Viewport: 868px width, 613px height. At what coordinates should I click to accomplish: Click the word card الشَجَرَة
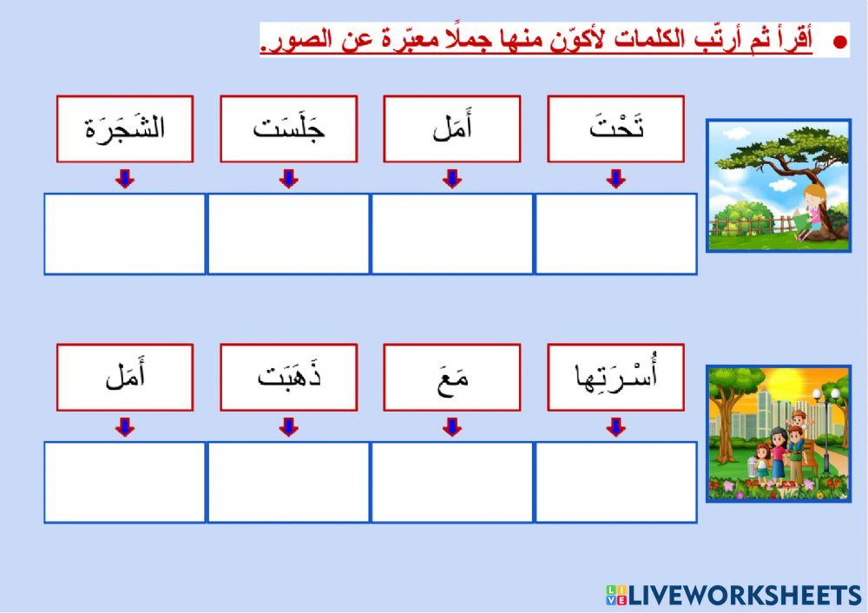click(x=125, y=129)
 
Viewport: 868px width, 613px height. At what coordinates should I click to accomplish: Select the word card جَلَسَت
click(x=288, y=129)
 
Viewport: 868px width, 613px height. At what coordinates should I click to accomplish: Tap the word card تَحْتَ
click(x=615, y=129)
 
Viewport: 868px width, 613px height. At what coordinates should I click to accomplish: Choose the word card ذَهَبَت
click(x=288, y=378)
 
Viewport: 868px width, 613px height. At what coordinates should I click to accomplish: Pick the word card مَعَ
click(x=451, y=378)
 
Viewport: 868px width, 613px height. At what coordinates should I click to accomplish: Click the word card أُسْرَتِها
click(x=615, y=378)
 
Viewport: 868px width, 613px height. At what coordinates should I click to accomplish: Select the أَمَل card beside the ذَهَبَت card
click(x=125, y=378)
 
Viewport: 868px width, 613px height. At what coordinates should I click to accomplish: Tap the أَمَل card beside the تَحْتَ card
click(x=451, y=129)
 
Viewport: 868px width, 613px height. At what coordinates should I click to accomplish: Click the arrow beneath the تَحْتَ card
click(x=615, y=179)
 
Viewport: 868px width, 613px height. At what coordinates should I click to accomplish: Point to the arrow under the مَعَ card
click(x=451, y=427)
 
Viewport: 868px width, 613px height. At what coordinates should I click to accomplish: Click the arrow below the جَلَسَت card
click(x=289, y=179)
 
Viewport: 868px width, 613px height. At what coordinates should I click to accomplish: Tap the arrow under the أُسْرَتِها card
click(x=615, y=427)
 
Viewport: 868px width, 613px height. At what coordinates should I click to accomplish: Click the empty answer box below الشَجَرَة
click(x=125, y=234)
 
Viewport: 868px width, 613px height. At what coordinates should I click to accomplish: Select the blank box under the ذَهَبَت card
click(x=288, y=482)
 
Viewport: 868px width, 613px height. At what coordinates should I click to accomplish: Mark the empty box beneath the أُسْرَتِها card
click(x=615, y=482)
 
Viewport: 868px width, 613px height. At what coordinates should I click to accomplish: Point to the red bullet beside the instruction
click(x=838, y=42)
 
